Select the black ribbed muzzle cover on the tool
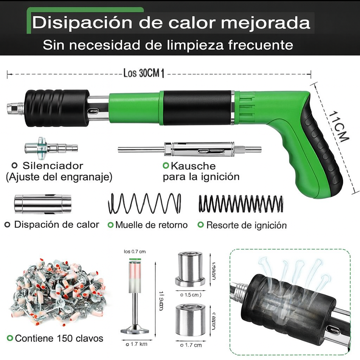tap(56, 108)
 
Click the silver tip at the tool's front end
tap(15, 108)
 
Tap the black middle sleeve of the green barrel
tap(197, 108)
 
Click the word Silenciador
tap(53, 166)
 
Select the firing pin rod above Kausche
tap(190, 149)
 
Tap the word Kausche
tap(193, 166)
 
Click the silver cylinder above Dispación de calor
tap(43, 204)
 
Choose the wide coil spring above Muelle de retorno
tap(144, 204)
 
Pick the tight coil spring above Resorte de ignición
tap(241, 204)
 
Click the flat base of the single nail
tap(135, 330)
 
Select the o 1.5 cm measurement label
tap(191, 295)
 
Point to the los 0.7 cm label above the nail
tap(135, 251)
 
